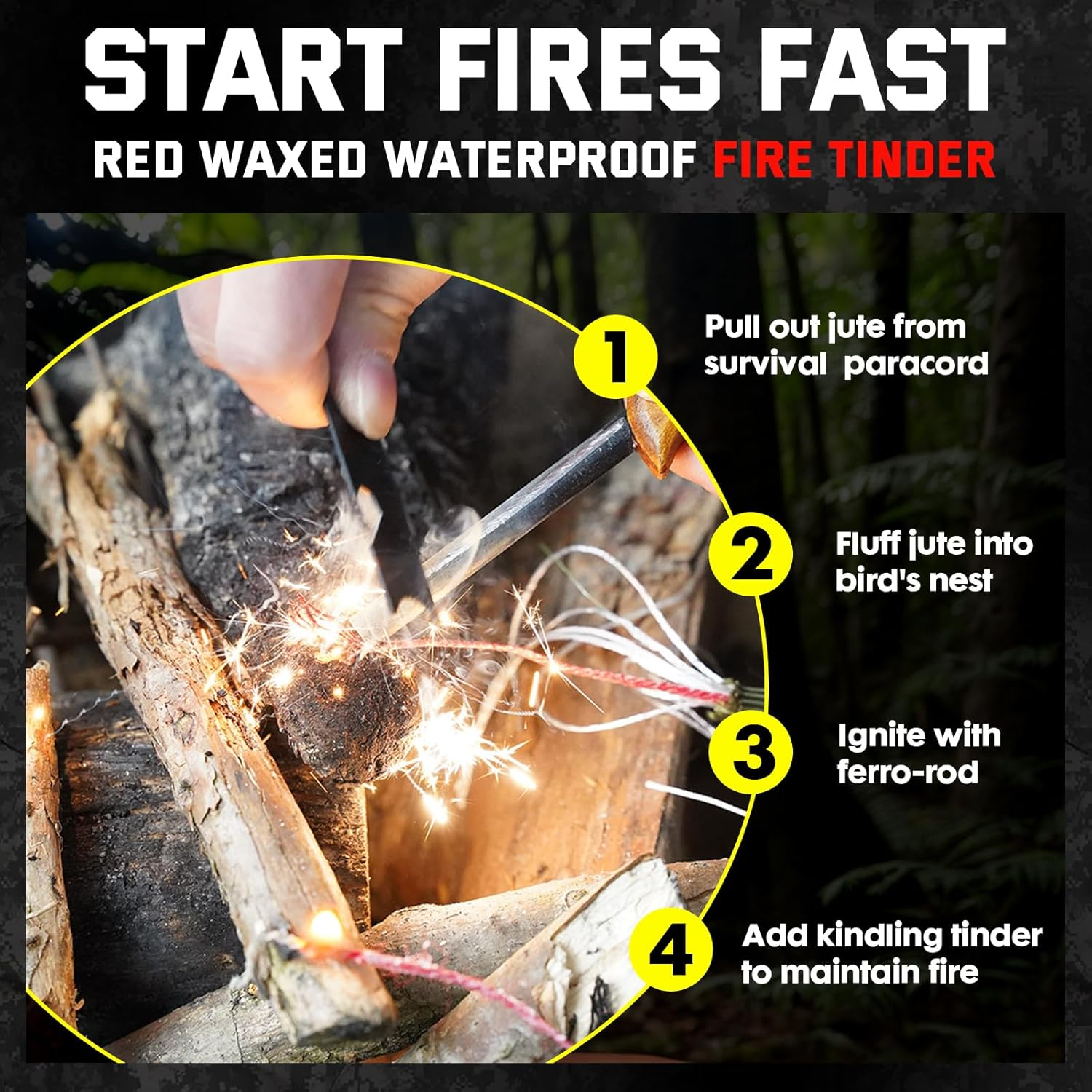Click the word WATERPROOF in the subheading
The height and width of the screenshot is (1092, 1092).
(x=540, y=159)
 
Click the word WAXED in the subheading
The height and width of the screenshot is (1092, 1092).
(x=283, y=159)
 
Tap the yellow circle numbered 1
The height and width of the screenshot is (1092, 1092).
(x=615, y=357)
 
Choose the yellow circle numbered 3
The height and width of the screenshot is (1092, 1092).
(x=751, y=751)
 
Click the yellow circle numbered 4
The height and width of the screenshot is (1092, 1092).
(x=670, y=949)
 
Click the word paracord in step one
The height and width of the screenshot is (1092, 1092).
(x=916, y=364)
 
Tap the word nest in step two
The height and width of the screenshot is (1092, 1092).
(x=965, y=581)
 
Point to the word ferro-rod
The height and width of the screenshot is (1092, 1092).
(x=907, y=772)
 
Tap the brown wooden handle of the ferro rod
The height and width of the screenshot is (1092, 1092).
(x=652, y=433)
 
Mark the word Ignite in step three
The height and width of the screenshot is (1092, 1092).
(x=874, y=737)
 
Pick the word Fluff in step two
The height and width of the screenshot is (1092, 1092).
(x=866, y=545)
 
